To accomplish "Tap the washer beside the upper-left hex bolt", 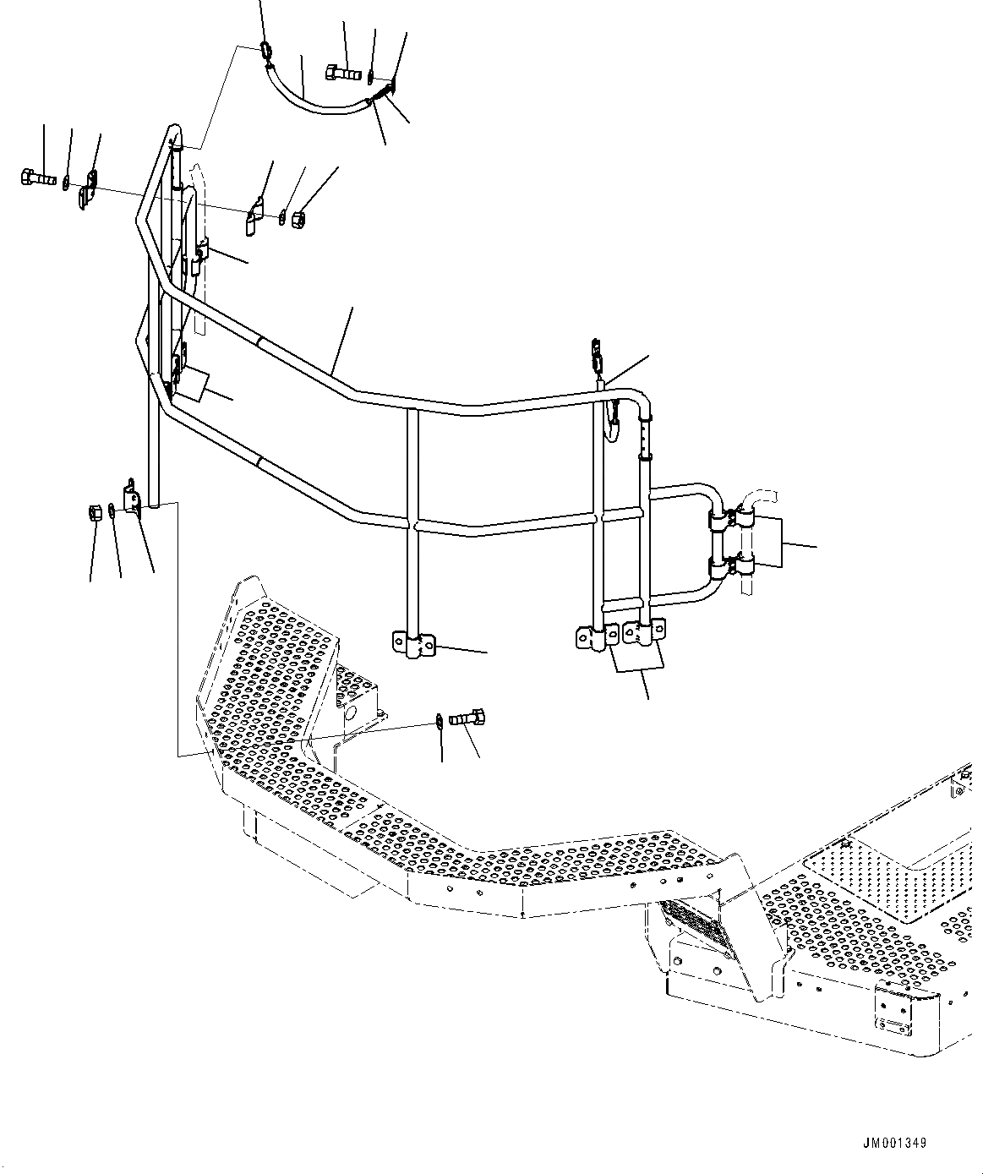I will (66, 181).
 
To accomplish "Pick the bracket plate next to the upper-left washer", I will (88, 189).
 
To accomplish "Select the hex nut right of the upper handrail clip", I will (298, 221).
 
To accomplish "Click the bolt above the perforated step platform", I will (465, 718).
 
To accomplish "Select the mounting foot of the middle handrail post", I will (413, 645).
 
